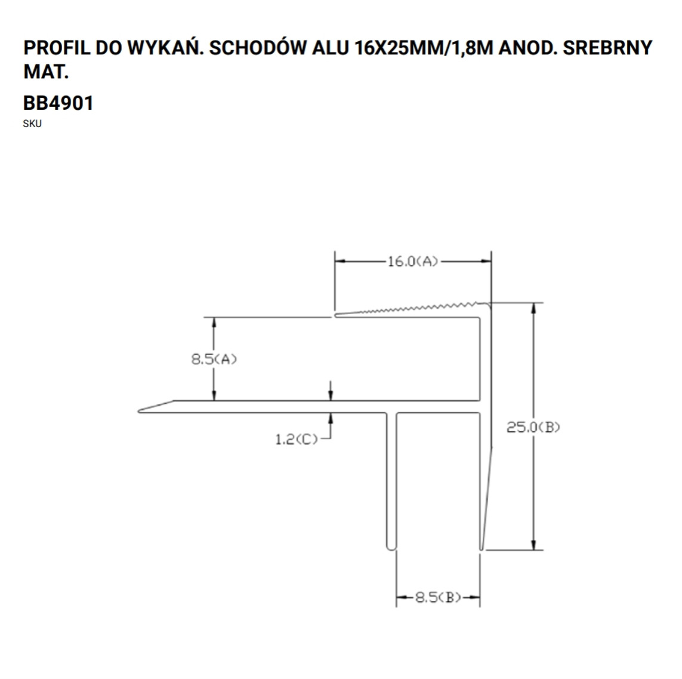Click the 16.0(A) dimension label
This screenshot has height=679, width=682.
tap(412, 261)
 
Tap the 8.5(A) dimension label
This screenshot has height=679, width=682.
tap(214, 359)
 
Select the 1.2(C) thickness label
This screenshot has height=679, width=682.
tap(296, 439)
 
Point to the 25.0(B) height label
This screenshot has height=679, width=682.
tap(533, 428)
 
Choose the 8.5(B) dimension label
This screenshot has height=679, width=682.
tap(438, 598)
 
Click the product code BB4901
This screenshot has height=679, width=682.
tap(58, 103)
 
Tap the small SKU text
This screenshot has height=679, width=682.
tap(32, 124)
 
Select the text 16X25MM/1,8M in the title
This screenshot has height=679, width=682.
tap(424, 48)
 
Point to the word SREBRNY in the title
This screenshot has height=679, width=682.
tap(607, 48)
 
